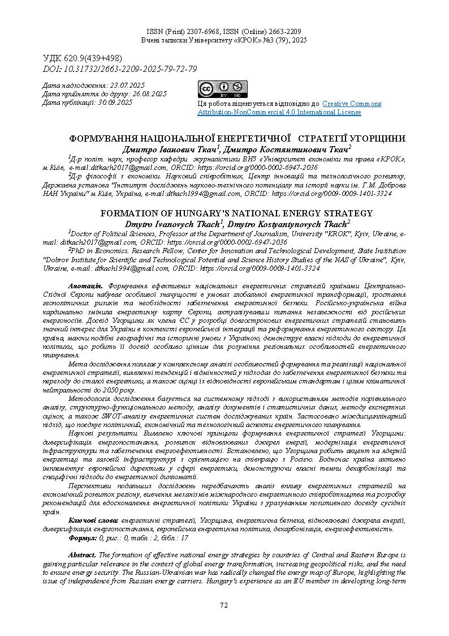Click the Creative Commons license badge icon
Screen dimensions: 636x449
tap(222, 89)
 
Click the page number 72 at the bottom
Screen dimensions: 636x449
tap(224, 605)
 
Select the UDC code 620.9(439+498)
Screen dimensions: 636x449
tap(83, 58)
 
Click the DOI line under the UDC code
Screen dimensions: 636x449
tap(120, 69)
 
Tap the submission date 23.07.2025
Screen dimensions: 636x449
tap(127, 85)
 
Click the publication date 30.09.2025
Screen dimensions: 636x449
tap(115, 102)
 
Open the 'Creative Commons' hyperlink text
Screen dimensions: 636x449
tap(352, 104)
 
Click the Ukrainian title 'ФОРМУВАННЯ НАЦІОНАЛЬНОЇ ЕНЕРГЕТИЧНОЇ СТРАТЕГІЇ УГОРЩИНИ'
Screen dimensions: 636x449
tap(237, 138)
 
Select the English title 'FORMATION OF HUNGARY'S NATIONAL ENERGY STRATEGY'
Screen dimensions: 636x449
tap(236, 214)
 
